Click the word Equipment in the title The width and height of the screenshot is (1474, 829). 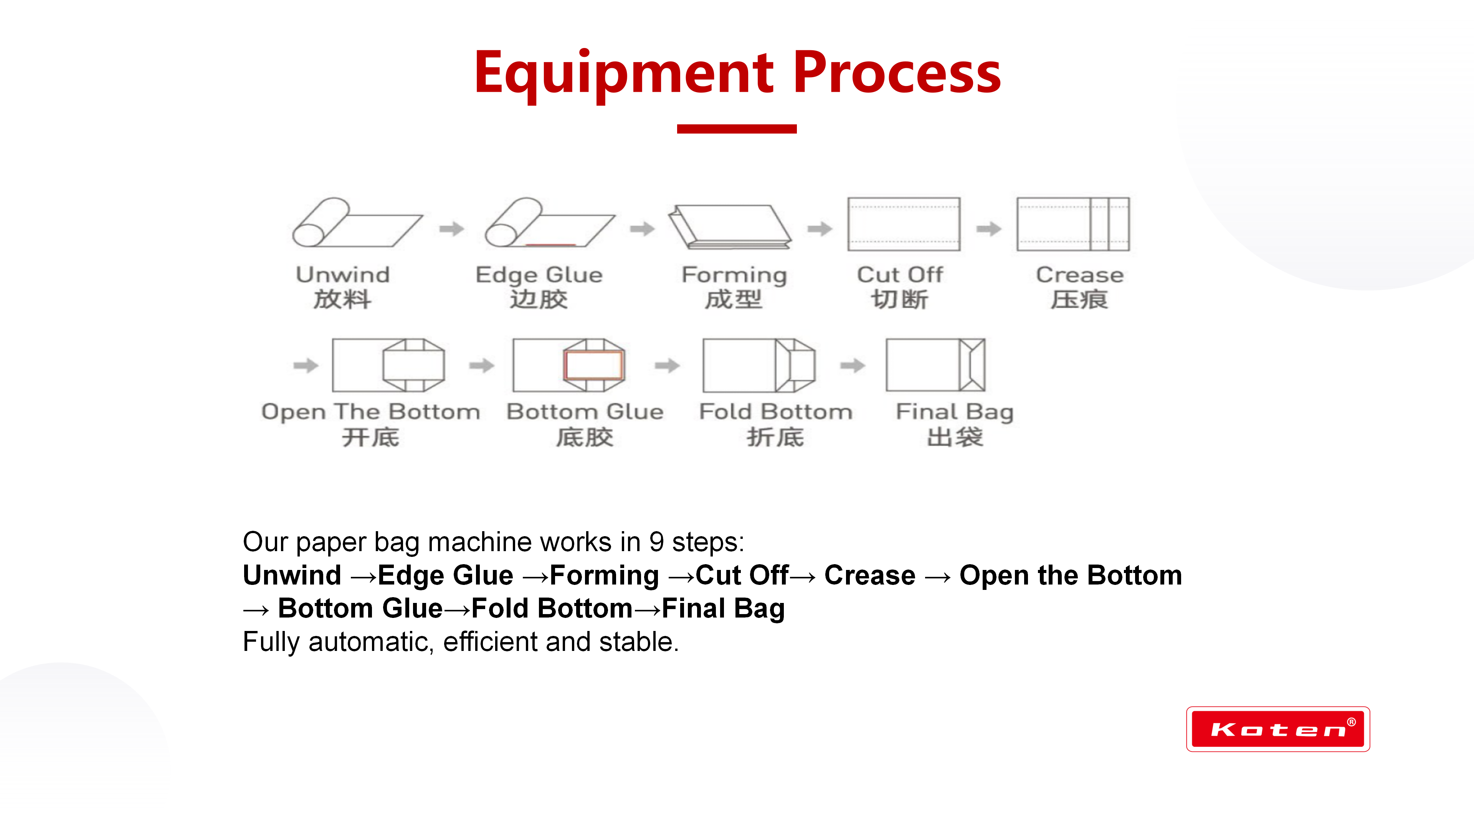point(624,73)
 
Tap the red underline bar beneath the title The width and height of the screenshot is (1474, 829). point(737,129)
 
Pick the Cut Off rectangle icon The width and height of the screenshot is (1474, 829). point(904,224)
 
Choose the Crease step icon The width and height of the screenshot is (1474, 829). point(1072,224)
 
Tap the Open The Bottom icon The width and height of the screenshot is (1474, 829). point(388,365)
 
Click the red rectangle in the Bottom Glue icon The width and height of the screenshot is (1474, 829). point(593,365)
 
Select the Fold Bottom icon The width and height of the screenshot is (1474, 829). point(759,365)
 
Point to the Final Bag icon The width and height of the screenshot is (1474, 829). point(935,365)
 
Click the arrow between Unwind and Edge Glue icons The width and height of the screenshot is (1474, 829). point(451,229)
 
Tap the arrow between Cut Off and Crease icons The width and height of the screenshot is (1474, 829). point(988,229)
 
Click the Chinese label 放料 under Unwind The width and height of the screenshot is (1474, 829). point(342,299)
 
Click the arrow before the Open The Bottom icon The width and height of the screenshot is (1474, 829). point(306,365)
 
